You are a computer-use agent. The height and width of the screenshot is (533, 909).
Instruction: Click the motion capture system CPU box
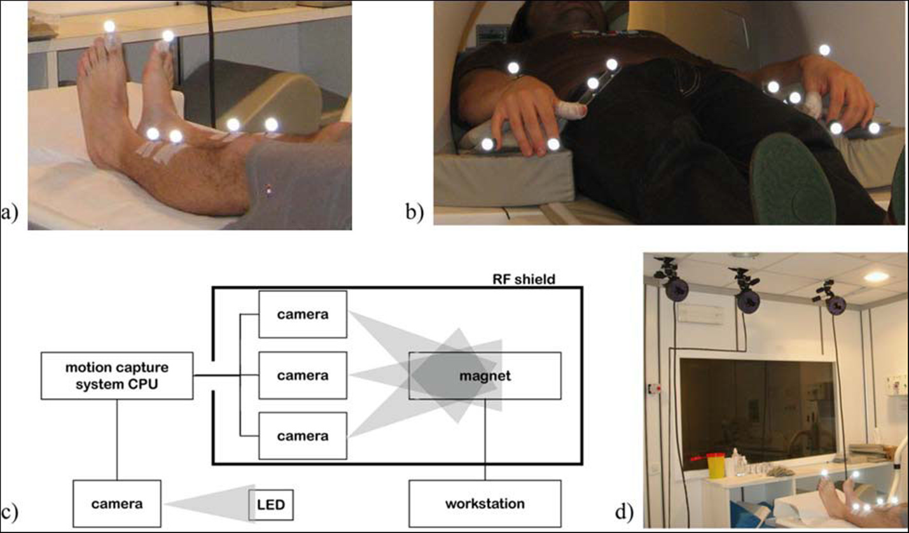point(116,376)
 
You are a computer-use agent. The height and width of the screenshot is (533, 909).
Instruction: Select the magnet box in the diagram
point(485,376)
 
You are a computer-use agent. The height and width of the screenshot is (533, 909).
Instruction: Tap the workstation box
point(485,504)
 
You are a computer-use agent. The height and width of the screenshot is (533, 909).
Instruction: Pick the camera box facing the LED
point(116,504)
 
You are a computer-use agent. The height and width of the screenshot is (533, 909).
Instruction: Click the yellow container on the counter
point(716,466)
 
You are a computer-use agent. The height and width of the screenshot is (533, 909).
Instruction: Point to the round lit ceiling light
point(876,277)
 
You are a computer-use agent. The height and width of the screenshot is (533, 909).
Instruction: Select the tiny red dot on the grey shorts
point(269,189)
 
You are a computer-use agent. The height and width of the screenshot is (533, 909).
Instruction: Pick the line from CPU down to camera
point(116,439)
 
